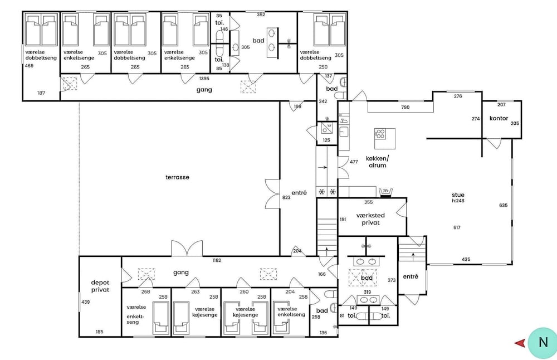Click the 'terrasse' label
tap(177, 177)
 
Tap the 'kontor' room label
tap(499, 118)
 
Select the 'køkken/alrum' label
tap(377, 162)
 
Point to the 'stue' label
tap(458, 194)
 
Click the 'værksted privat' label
tap(370, 219)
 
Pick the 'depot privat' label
tap(100, 286)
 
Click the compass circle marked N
tap(543, 342)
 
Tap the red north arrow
tap(520, 343)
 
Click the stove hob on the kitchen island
tap(380, 134)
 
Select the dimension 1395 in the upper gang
tap(204, 79)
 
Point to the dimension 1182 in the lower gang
tap(217, 260)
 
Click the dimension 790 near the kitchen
tap(405, 107)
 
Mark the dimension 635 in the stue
tap(504, 205)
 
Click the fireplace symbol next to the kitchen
tap(385, 192)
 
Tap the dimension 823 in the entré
tap(286, 197)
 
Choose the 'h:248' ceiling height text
tap(458, 201)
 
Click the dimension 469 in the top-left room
tap(29, 66)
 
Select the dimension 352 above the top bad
tap(261, 14)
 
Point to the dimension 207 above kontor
tap(502, 104)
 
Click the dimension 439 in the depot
tap(86, 301)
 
